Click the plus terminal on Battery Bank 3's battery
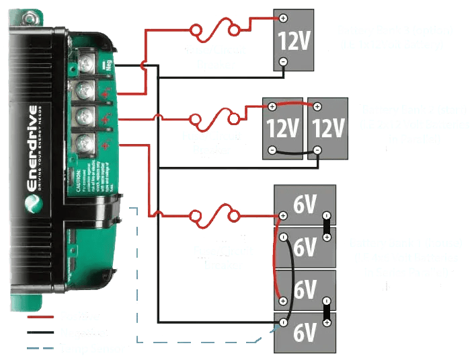(x=283, y=18)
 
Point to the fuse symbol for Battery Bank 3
(x=215, y=30)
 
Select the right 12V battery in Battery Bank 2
(x=328, y=128)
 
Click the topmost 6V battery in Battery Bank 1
(x=305, y=205)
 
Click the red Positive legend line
(x=42, y=316)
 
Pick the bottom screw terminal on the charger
(x=85, y=143)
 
